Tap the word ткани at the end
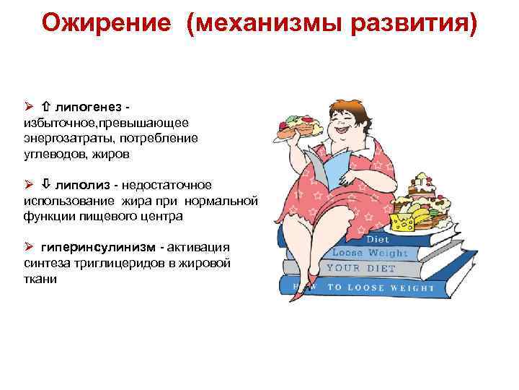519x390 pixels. pos(39,279)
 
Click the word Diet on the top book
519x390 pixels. pos(377,239)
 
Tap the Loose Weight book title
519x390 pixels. pos(369,253)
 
